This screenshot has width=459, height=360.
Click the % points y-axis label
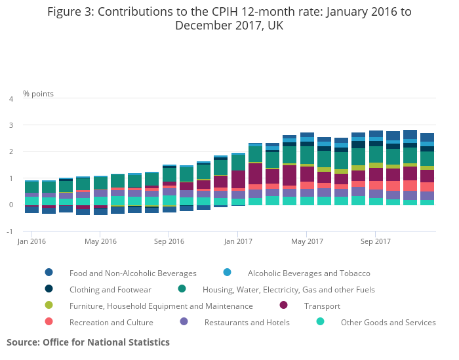(38, 94)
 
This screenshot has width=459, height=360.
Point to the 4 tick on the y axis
(11, 99)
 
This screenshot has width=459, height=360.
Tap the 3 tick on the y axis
(11, 125)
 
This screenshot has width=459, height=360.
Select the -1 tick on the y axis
(10, 231)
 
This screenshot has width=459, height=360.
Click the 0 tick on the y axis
(11, 205)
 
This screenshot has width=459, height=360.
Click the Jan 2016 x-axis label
(31, 241)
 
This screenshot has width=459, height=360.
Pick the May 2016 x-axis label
(100, 241)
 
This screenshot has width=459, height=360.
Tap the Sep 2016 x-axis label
(169, 241)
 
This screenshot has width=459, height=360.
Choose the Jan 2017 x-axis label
(238, 241)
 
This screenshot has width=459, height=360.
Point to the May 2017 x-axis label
(307, 241)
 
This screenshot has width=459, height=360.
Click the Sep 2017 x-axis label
(375, 241)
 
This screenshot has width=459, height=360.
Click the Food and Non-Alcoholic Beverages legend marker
(49, 273)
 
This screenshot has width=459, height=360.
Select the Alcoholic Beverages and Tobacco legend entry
(309, 273)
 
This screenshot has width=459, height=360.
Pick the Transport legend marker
(284, 306)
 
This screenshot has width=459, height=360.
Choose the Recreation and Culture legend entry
(111, 323)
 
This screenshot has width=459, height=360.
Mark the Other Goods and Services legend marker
(321, 322)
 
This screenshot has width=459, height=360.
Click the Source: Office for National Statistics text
(88, 342)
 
